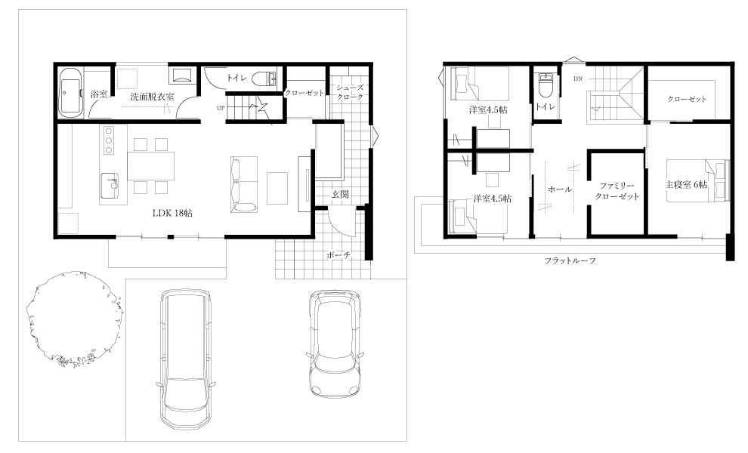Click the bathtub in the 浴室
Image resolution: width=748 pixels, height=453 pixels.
pos(71,92)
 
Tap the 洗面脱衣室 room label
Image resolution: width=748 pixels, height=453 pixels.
pos(152,97)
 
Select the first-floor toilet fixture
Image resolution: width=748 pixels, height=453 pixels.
pos(264,79)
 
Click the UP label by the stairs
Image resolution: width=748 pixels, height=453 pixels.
pos(221,108)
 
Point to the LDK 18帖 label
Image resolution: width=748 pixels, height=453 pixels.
pos(172,213)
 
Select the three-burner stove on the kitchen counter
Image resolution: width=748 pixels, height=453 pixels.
pos(108,140)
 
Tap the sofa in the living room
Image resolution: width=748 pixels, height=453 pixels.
pos(243,184)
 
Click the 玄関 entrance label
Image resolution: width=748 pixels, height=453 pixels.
pos(340,194)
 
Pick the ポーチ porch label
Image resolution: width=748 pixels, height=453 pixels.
pos(338,255)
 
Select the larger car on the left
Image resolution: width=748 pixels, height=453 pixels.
pos(186,359)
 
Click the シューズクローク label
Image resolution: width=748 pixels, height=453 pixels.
pos(350,92)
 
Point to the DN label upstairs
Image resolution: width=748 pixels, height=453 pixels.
pos(578,79)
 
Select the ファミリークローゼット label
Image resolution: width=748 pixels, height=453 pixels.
pos(617,191)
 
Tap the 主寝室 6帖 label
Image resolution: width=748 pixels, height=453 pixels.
pos(686,184)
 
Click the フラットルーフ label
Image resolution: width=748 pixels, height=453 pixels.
pos(570,260)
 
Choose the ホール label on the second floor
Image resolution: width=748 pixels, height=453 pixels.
pos(560,190)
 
